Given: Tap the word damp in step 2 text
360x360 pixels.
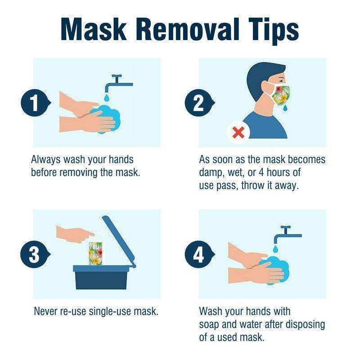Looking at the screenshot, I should [x=211, y=173].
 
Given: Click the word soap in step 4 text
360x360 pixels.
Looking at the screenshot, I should [x=211, y=324].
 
